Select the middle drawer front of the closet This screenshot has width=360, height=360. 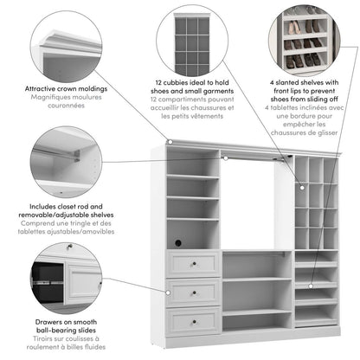coord(194,292)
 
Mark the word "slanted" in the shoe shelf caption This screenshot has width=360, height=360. coord(296,80)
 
